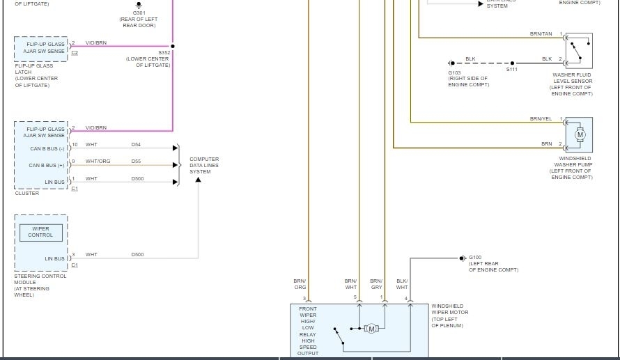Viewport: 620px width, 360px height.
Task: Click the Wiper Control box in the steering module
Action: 40,232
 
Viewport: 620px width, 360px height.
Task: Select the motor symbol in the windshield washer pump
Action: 580,134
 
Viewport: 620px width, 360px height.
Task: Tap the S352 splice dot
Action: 173,47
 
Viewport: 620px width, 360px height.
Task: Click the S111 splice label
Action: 512,70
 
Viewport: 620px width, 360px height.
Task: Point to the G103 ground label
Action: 454,72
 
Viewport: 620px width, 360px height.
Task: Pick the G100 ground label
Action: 475,258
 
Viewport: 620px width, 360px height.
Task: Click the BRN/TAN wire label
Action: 541,34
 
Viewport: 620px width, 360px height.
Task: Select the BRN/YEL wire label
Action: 541,119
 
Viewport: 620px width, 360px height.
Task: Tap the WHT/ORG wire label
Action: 98,162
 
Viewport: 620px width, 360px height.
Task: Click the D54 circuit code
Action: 136,144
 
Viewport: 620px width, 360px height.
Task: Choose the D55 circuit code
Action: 136,162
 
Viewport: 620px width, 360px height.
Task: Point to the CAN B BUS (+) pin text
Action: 47,166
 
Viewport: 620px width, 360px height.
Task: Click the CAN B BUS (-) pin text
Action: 47,148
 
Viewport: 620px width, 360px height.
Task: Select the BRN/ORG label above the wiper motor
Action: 300,284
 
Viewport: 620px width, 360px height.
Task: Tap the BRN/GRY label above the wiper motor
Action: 376,284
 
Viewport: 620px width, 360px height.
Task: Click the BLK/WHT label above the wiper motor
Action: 402,284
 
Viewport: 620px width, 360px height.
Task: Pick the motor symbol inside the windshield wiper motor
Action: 371,329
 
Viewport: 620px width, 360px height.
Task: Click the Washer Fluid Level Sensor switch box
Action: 578,50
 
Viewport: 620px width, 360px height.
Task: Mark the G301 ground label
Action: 139,13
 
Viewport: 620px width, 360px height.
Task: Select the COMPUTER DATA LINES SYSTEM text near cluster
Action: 204,165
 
